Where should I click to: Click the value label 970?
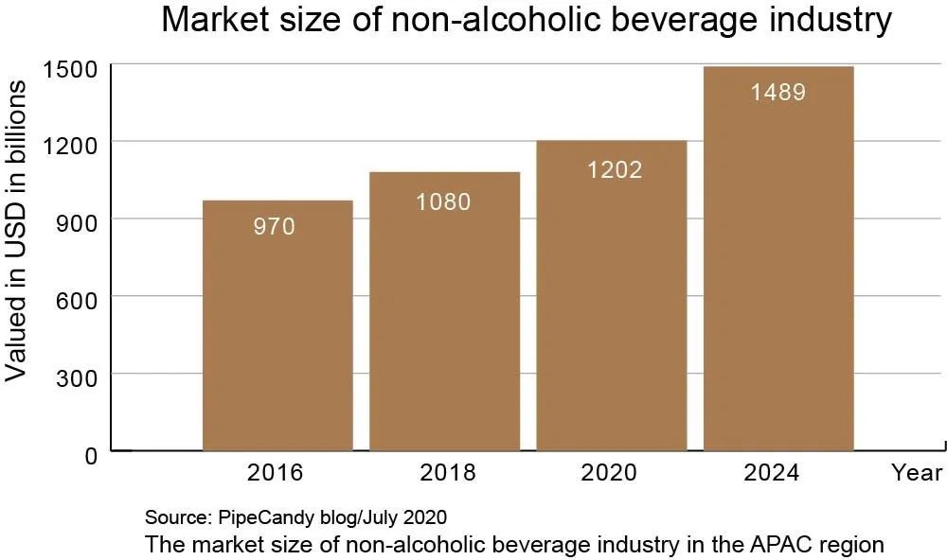click(275, 227)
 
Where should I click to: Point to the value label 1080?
click(443, 201)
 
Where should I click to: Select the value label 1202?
click(613, 170)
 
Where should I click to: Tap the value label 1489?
click(777, 93)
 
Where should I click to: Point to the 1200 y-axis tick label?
click(71, 146)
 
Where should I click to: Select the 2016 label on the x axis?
click(275, 472)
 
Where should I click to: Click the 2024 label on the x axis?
click(772, 472)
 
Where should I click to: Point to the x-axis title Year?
click(917, 472)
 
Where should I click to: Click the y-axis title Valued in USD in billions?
click(16, 232)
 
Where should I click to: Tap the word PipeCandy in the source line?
click(257, 517)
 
